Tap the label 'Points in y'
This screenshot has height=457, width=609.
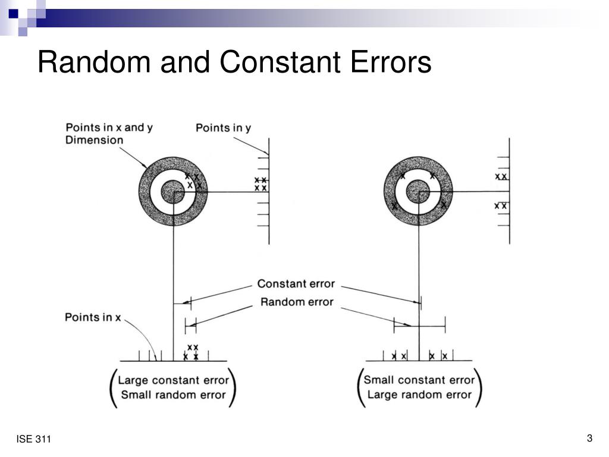tap(223, 128)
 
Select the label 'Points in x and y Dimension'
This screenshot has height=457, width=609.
tap(105, 133)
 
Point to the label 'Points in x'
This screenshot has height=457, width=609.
tap(93, 317)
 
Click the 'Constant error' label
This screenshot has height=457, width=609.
tap(296, 284)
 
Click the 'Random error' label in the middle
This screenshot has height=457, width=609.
tap(297, 302)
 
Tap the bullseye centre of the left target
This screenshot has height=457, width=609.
tap(173, 192)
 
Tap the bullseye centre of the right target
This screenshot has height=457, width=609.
tap(418, 192)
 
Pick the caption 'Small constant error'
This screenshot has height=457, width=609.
tap(419, 380)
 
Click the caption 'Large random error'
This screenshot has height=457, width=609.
tap(419, 394)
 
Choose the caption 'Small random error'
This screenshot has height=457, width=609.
tap(172, 394)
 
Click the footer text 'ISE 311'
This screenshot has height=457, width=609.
tap(34, 440)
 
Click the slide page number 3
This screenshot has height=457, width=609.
tap(589, 439)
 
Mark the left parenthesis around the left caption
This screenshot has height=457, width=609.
tap(113, 387)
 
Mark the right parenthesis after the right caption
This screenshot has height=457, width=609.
tap(479, 387)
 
